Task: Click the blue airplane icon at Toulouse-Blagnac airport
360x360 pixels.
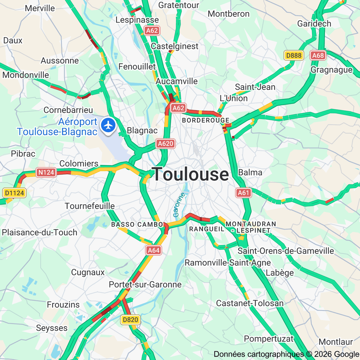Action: pyautogui.click(x=108, y=125)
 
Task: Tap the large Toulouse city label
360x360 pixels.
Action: pyautogui.click(x=190, y=174)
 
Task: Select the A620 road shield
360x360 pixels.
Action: pyautogui.click(x=166, y=144)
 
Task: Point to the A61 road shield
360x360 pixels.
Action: pyautogui.click(x=243, y=193)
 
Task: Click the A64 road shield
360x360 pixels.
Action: pyautogui.click(x=154, y=250)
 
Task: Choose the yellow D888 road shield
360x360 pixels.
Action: pyautogui.click(x=294, y=55)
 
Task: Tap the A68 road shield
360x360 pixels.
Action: pyautogui.click(x=318, y=55)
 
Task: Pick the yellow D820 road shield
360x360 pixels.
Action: pyautogui.click(x=130, y=320)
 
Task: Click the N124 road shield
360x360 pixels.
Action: pyautogui.click(x=46, y=172)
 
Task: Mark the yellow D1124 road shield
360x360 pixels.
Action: pyautogui.click(x=14, y=193)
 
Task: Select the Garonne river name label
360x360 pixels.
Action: pyautogui.click(x=179, y=205)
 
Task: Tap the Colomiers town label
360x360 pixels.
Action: pyautogui.click(x=79, y=163)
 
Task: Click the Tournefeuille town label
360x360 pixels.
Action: pyautogui.click(x=90, y=206)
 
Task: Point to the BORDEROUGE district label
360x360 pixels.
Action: pyautogui.click(x=206, y=120)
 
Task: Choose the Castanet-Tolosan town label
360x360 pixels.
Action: pyautogui.click(x=250, y=303)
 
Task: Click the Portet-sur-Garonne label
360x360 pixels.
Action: pyautogui.click(x=145, y=284)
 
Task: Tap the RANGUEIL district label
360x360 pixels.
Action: pyautogui.click(x=207, y=229)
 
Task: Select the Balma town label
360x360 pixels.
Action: pyautogui.click(x=250, y=172)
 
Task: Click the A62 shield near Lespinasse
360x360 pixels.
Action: pyautogui.click(x=152, y=31)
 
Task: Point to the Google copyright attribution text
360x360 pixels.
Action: pyautogui.click(x=286, y=354)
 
